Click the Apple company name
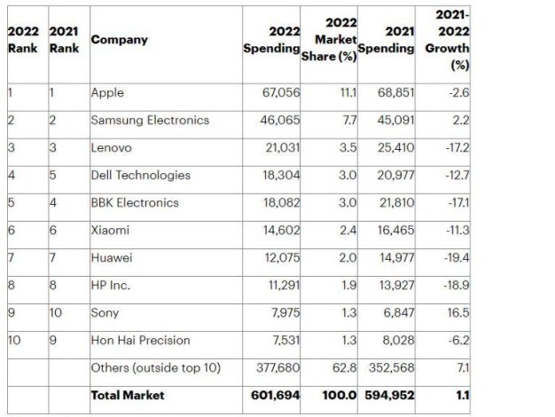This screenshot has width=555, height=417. (x=106, y=92)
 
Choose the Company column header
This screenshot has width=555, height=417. (x=119, y=40)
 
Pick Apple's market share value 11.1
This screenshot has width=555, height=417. (x=347, y=92)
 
